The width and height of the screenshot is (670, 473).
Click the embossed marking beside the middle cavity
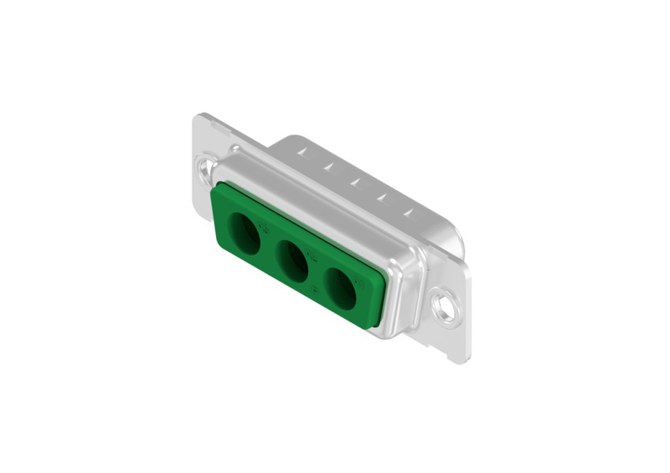[x=312, y=255]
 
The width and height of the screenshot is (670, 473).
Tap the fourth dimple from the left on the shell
[x=381, y=198]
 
